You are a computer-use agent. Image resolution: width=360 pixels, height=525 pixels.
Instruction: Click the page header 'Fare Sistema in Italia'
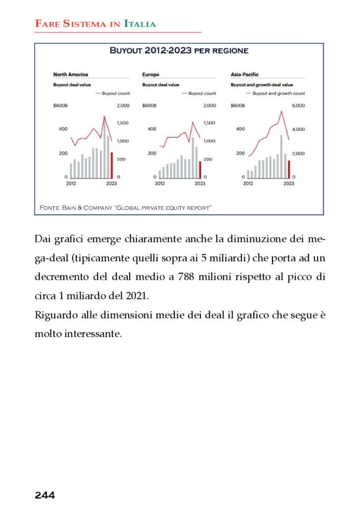[95, 24]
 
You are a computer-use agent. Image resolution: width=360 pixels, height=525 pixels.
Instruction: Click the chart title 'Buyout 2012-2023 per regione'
[179, 50]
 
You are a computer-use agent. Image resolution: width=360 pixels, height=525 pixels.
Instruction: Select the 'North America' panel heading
[70, 74]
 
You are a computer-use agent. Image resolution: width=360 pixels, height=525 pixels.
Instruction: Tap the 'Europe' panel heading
[150, 74]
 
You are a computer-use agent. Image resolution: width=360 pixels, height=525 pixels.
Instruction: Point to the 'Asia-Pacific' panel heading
[244, 74]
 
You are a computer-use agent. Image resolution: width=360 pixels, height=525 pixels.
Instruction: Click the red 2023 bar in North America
[112, 166]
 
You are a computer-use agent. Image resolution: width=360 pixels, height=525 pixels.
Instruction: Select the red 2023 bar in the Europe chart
[200, 170]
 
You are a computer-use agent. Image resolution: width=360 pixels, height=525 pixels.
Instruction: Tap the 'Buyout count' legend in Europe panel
[202, 93]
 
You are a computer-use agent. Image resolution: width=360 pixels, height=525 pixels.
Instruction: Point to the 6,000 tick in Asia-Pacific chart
[299, 105]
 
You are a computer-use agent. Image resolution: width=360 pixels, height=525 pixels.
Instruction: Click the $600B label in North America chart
[60, 105]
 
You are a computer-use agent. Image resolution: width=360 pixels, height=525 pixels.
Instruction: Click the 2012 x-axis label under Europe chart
[160, 184]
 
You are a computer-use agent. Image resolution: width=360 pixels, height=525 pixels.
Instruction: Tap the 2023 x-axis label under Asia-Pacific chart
[289, 184]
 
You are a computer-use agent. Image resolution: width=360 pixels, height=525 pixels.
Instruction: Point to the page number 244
[45, 495]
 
